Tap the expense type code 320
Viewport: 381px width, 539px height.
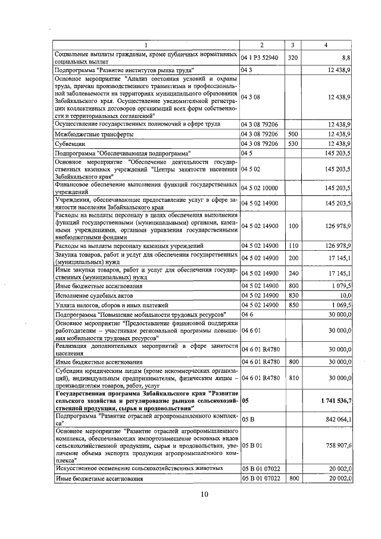click(292, 59)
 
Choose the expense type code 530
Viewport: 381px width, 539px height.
click(292, 144)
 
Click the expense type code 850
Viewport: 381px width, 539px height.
click(292, 305)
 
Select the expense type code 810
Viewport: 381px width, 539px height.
click(292, 377)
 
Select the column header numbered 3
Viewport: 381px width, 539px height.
click(292, 45)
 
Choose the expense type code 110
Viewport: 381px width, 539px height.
click(292, 245)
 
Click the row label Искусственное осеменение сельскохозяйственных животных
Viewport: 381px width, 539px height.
click(139, 469)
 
